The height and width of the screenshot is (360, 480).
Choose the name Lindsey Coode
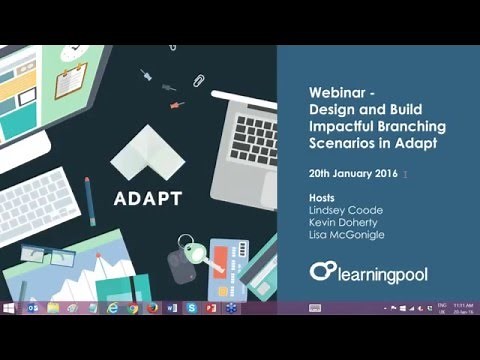click(x=343, y=213)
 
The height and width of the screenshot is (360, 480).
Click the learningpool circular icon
click(x=322, y=271)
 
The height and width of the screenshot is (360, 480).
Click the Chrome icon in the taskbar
click(x=133, y=308)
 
